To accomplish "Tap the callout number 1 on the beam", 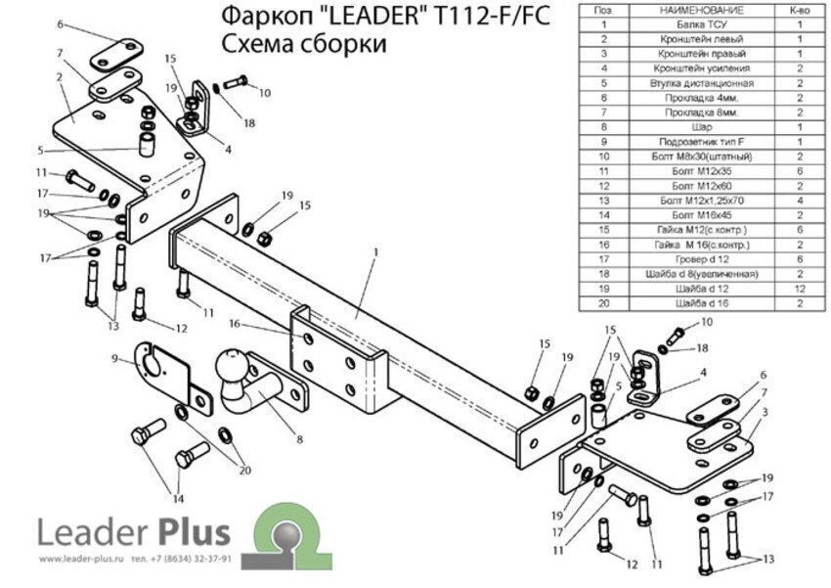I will click(x=373, y=251).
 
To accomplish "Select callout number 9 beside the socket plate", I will click(x=114, y=359).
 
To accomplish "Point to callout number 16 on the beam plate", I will click(x=235, y=323).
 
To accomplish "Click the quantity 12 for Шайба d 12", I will click(x=800, y=289).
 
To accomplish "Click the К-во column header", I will click(x=800, y=10).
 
